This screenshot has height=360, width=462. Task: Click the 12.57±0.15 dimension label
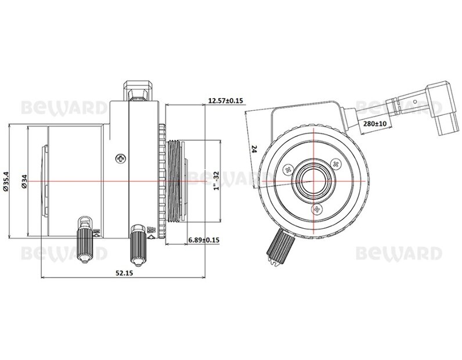tap(225, 101)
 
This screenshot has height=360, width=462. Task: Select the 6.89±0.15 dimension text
tap(204, 240)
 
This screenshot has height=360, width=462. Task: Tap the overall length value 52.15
tap(124, 273)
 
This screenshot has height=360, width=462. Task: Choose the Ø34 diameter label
tap(24, 181)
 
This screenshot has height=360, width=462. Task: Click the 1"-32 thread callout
tap(216, 181)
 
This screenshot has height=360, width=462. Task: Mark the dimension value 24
tap(255, 149)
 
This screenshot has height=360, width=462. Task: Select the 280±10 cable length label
tap(374, 123)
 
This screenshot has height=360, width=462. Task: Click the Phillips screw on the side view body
tap(120, 159)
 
